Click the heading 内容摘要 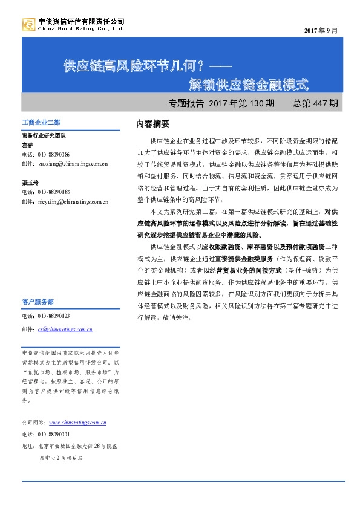pos(152,124)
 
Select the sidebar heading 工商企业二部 pos(41,123)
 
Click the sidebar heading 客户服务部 pos(38,301)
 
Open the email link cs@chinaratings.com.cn pos(65,329)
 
